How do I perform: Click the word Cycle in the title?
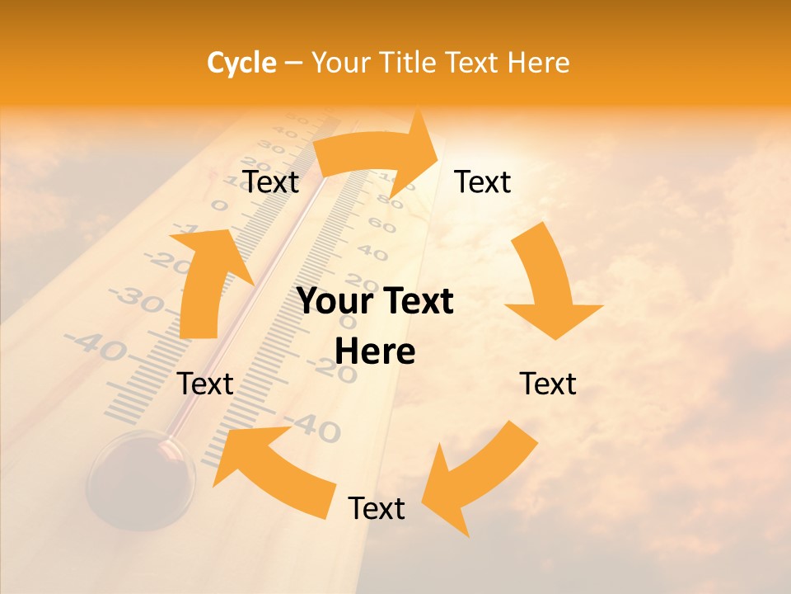(241, 63)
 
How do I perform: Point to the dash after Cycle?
(293, 64)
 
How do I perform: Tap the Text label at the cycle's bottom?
(377, 508)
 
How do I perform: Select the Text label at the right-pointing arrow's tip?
(483, 181)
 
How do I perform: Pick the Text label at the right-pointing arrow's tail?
(270, 181)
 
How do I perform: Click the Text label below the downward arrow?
(548, 384)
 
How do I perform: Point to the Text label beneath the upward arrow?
(206, 384)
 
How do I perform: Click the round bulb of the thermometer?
(141, 478)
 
